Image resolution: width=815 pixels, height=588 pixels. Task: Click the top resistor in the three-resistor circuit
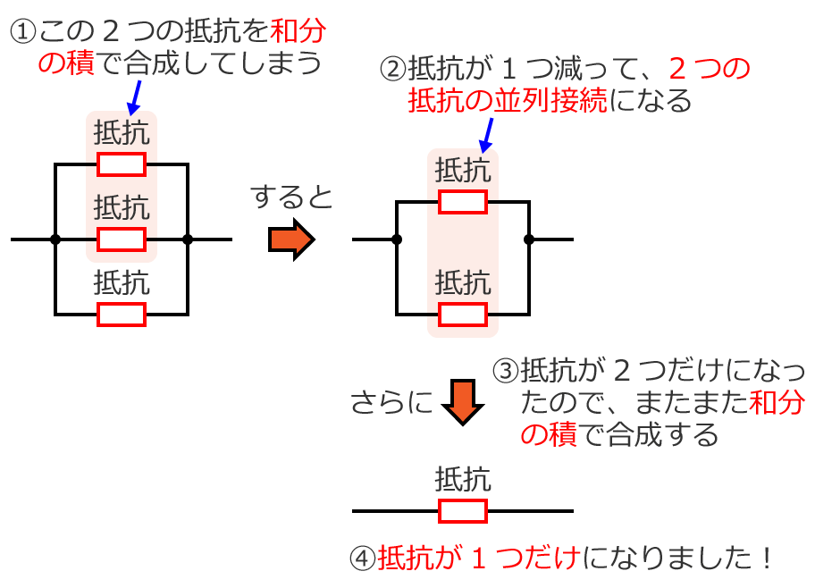click(x=121, y=164)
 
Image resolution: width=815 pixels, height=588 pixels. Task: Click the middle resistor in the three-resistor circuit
click(x=121, y=239)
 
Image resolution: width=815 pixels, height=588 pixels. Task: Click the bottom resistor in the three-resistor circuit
click(x=121, y=315)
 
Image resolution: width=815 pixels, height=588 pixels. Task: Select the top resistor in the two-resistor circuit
click(x=462, y=202)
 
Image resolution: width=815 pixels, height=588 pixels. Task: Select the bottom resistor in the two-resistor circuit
click(x=462, y=315)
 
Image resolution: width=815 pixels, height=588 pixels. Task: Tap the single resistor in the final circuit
click(x=462, y=511)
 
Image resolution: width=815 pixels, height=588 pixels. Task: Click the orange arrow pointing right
click(x=291, y=239)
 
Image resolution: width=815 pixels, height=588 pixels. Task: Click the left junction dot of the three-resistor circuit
click(x=55, y=239)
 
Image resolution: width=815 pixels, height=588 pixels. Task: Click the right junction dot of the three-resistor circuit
click(x=188, y=239)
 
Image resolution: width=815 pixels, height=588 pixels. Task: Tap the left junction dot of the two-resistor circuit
click(x=397, y=239)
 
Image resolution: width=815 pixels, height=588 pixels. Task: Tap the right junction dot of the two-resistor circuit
click(x=529, y=239)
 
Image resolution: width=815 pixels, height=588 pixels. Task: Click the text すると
click(x=291, y=197)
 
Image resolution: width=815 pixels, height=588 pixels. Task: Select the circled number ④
click(x=363, y=560)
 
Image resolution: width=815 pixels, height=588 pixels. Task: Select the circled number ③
click(x=506, y=370)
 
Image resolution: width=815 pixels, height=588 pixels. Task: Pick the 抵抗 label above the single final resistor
click(x=462, y=480)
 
